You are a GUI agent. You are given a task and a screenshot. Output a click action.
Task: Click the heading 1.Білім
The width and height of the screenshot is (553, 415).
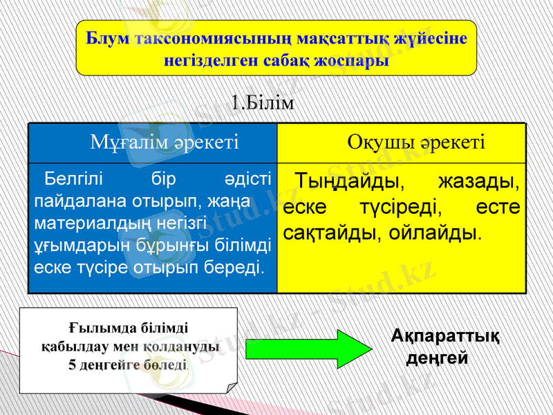pyautogui.click(x=263, y=104)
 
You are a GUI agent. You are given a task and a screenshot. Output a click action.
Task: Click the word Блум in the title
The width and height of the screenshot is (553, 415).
pyautogui.click(x=109, y=38)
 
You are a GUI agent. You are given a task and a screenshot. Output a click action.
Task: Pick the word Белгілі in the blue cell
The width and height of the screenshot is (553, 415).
pyautogui.click(x=73, y=182)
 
